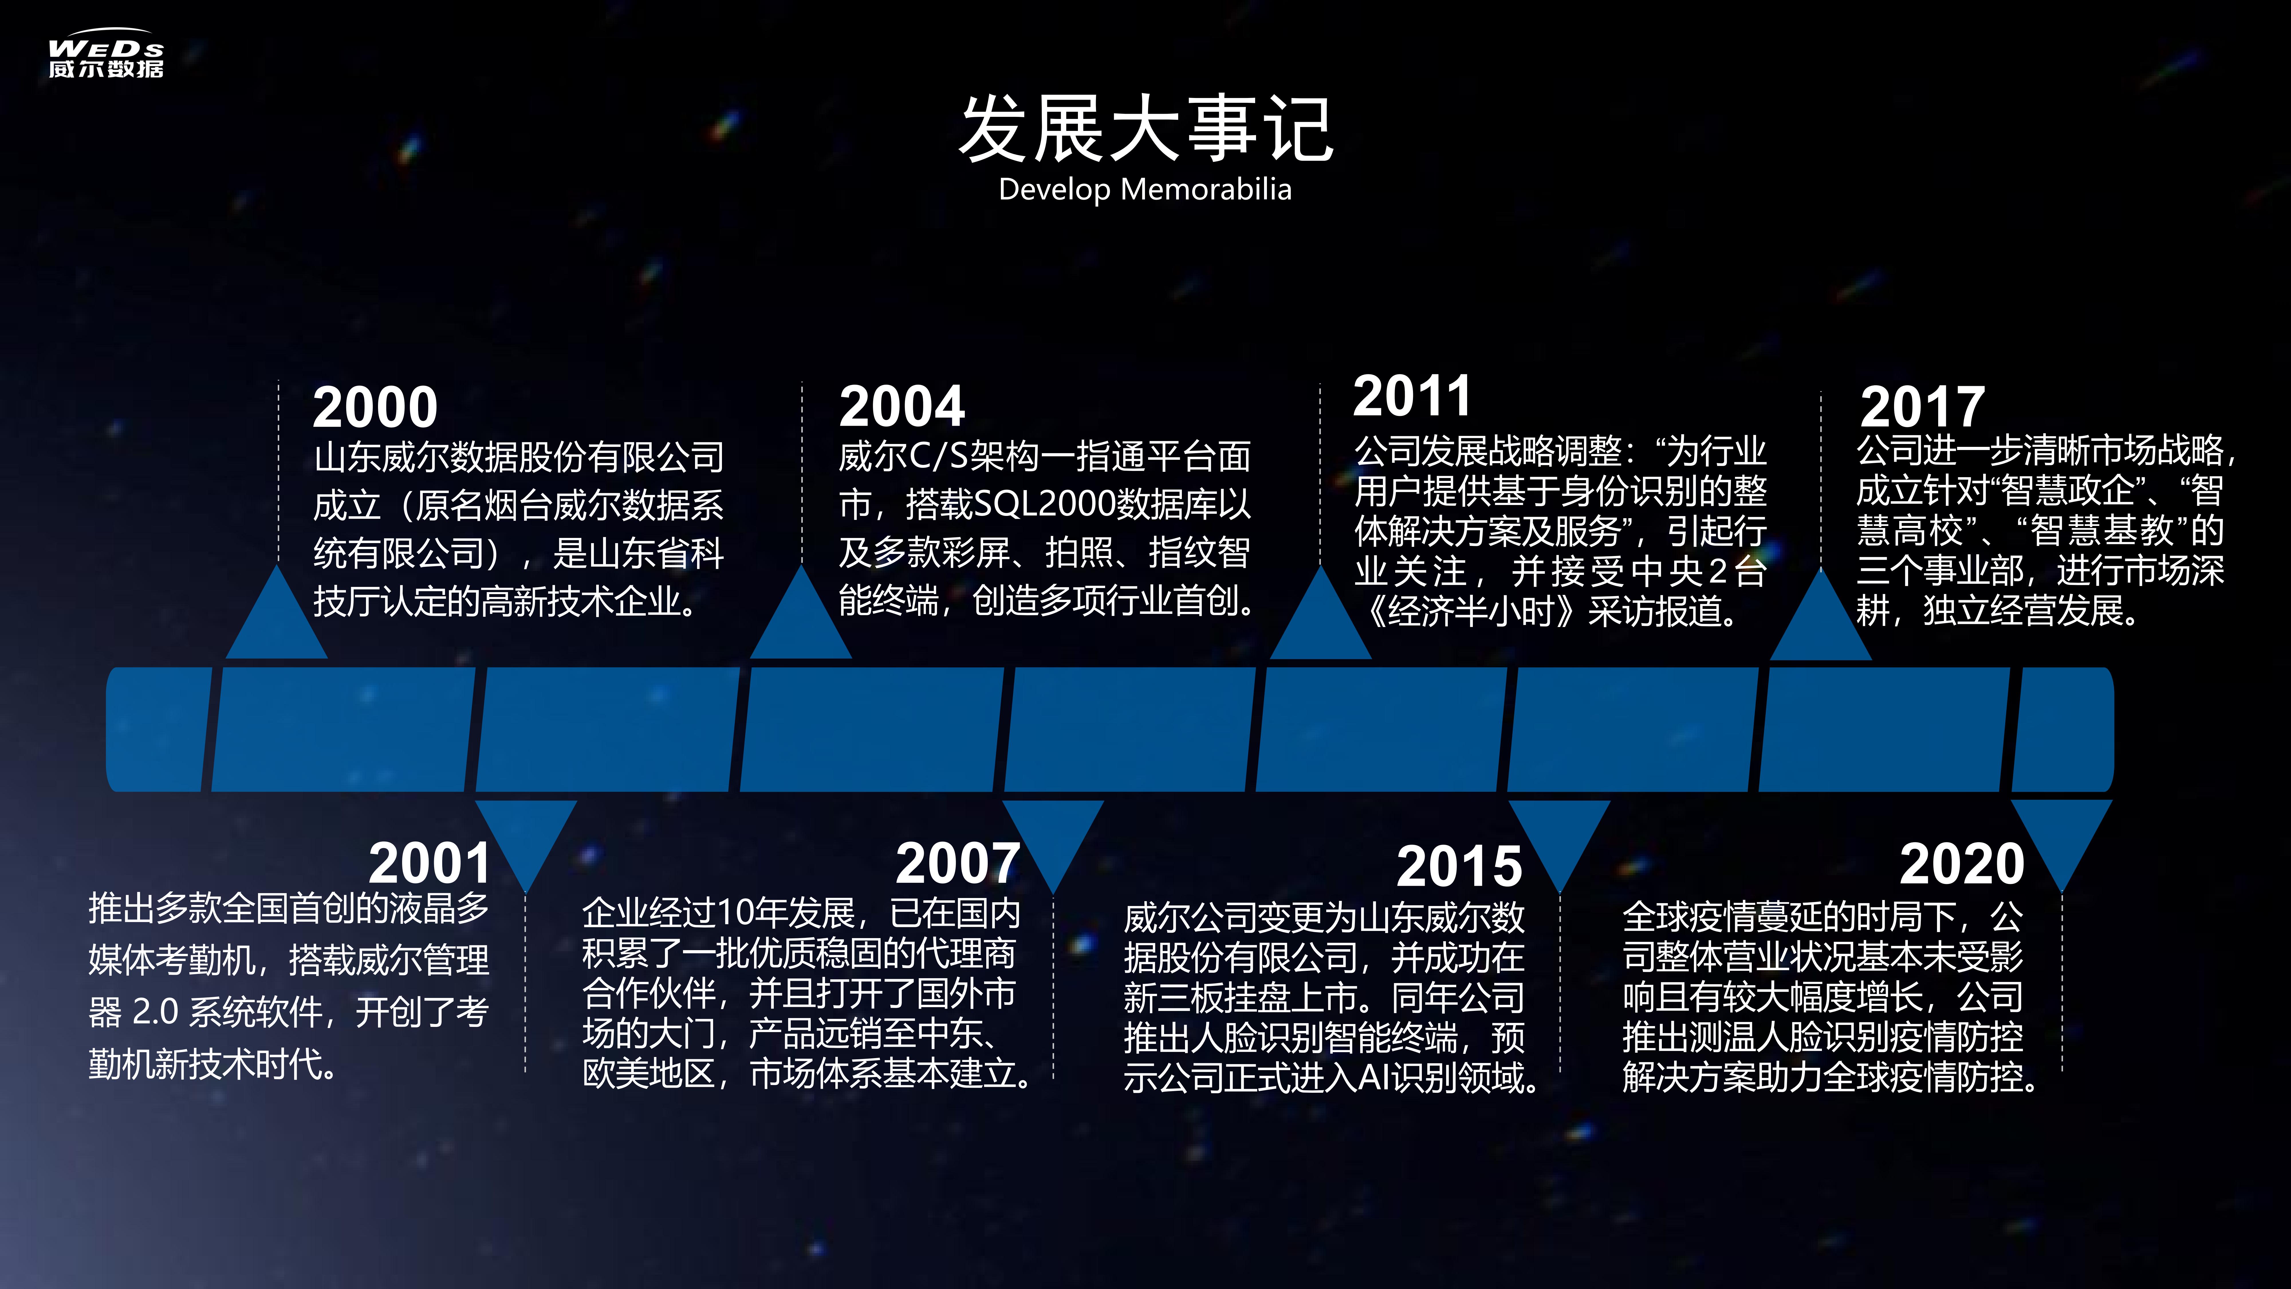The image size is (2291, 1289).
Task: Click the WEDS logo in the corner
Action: pyautogui.click(x=106, y=53)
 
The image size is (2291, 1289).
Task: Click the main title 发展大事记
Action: pyautogui.click(x=1145, y=130)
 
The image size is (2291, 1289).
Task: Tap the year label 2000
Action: pyautogui.click(x=375, y=407)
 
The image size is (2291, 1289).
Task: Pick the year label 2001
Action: pyautogui.click(x=430, y=863)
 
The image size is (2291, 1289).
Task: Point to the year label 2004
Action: pyautogui.click(x=902, y=407)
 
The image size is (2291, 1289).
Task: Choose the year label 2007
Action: pyautogui.click(x=958, y=863)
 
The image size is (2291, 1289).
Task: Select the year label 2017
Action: pyautogui.click(x=1922, y=407)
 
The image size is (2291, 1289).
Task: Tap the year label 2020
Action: pyautogui.click(x=1962, y=863)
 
